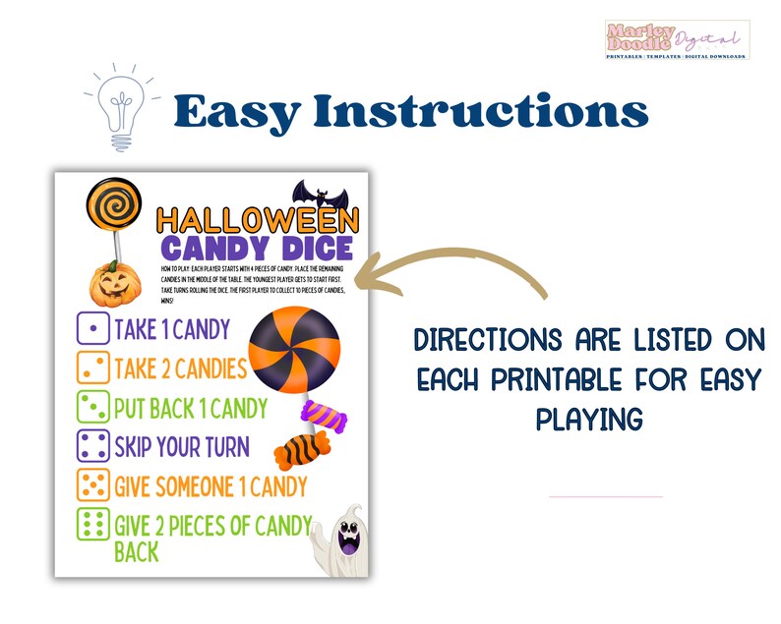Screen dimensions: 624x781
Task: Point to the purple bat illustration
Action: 317,194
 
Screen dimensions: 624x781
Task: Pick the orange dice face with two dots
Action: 92,369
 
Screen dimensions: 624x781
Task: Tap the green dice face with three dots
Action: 92,408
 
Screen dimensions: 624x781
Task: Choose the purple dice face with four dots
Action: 92,447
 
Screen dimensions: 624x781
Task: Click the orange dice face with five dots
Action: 92,485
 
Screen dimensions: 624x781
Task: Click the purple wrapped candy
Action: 323,416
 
